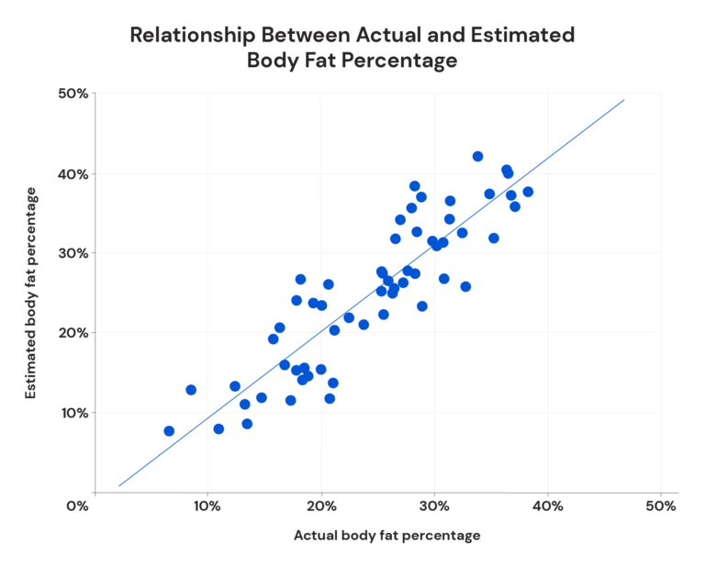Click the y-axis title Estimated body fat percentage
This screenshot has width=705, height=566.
tap(32, 293)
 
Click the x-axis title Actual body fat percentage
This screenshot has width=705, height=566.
tap(386, 535)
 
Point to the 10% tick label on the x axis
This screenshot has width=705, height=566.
tap(207, 505)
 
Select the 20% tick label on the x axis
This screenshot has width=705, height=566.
tap(321, 505)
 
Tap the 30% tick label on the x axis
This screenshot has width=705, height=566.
tap(434, 505)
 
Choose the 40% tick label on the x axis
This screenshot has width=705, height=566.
tap(548, 505)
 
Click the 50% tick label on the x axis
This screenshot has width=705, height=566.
tap(661, 505)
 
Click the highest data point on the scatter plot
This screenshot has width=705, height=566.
tap(477, 157)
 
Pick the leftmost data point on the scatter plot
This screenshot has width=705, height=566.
tap(169, 431)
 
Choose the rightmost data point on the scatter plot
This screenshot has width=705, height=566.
tap(528, 192)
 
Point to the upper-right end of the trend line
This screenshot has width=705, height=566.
tap(624, 100)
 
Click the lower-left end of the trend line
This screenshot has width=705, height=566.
tap(119, 486)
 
